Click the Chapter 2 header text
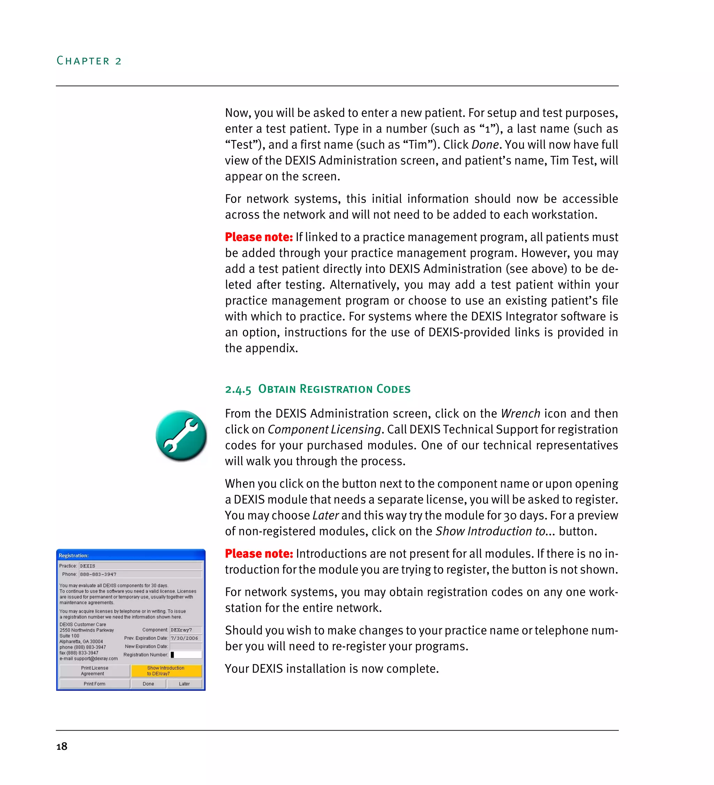point(89,61)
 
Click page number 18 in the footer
point(62,746)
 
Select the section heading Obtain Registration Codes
point(318,389)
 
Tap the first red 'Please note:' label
point(259,237)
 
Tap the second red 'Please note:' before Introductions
point(259,553)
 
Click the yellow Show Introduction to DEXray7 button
point(166,670)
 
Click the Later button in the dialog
point(184,684)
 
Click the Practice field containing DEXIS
point(140,566)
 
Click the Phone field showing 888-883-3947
point(140,574)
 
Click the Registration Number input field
point(186,655)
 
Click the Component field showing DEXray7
point(185,630)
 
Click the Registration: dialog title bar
point(130,555)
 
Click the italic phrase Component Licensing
point(324,429)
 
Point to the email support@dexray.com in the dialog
point(96,659)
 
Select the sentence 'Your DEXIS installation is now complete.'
point(332,669)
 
